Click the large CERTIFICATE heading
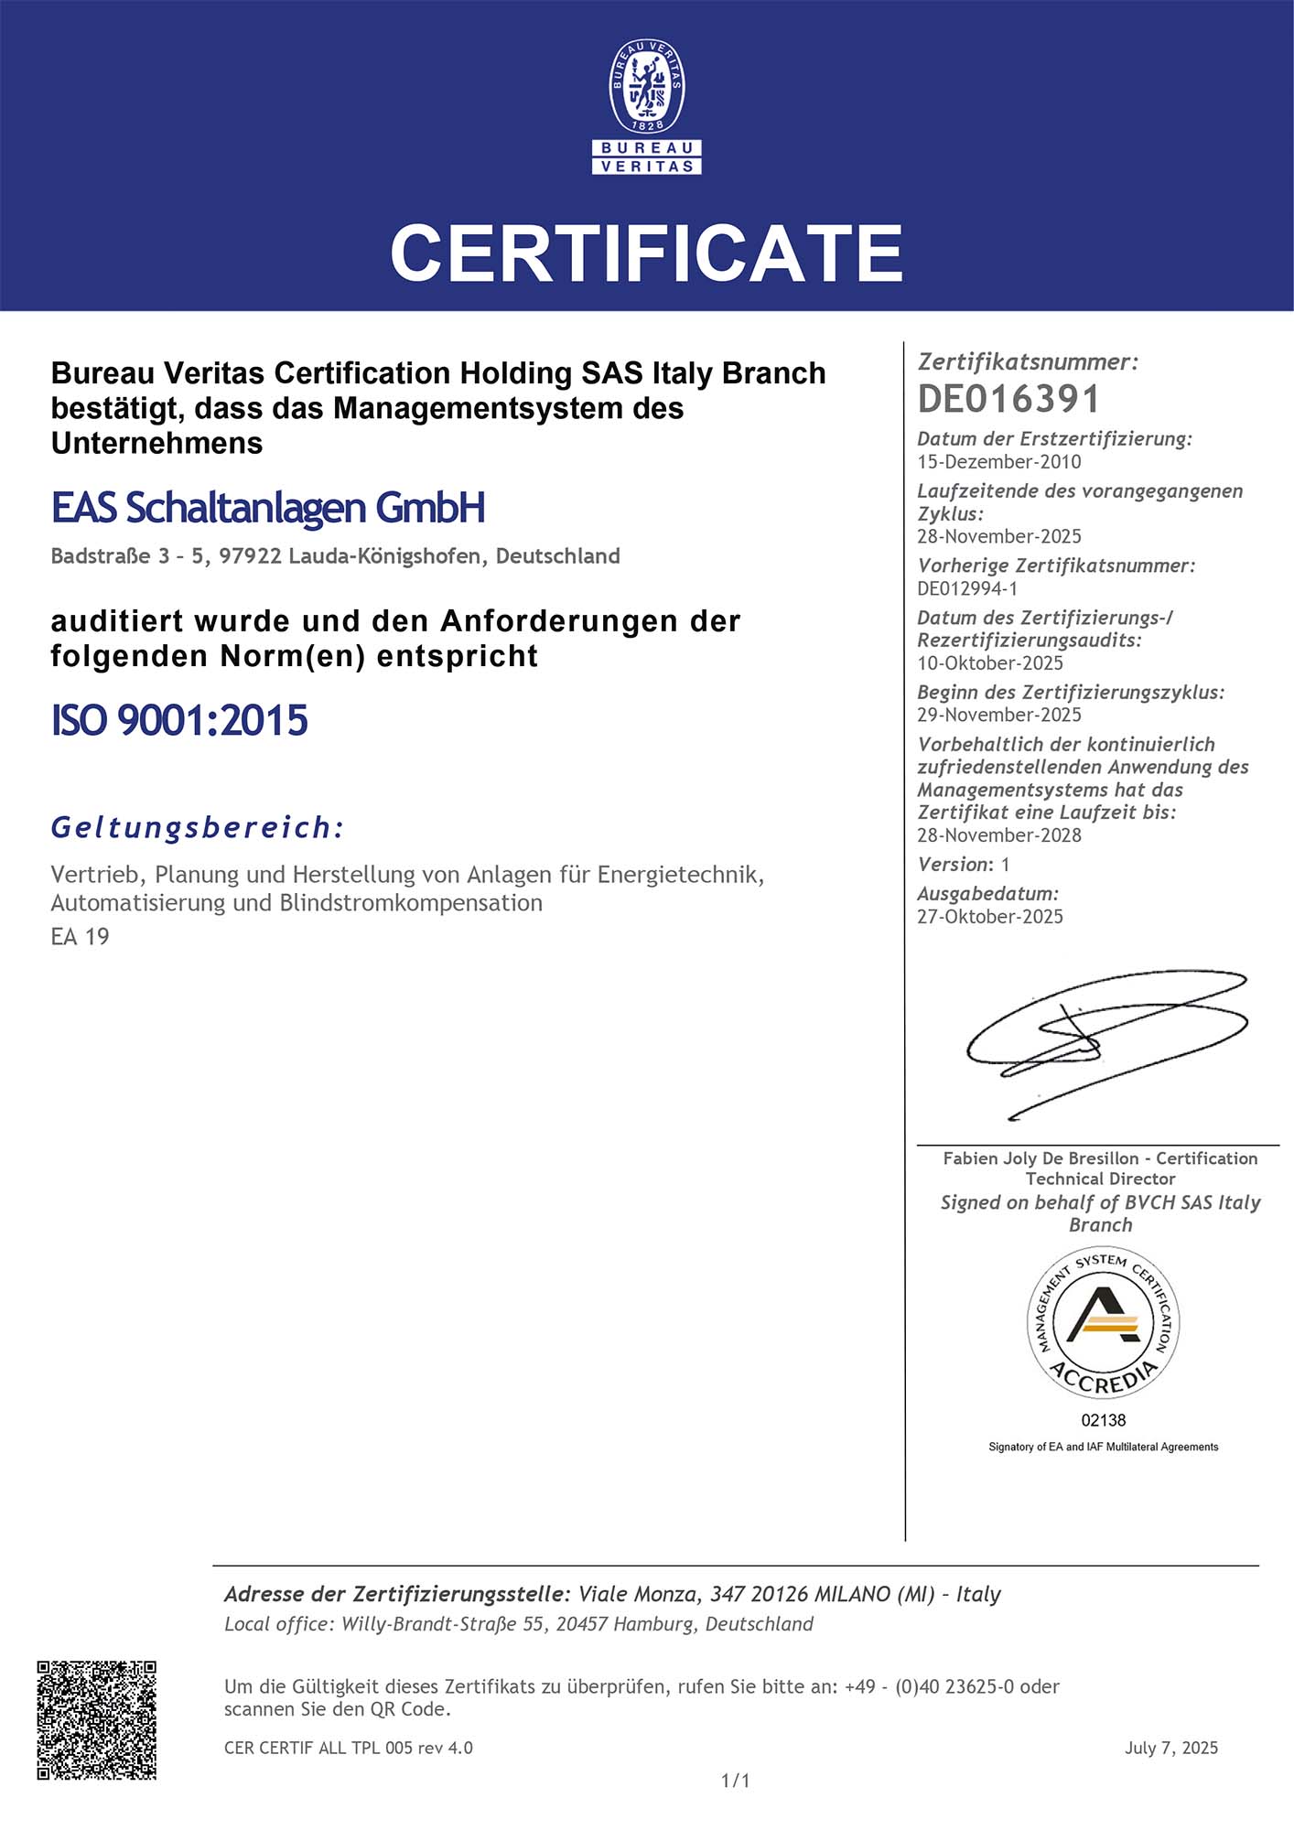click(x=647, y=253)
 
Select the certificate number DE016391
click(x=1008, y=399)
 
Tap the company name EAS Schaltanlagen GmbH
click(x=268, y=508)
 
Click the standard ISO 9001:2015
click(x=179, y=720)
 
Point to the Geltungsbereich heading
click(x=197, y=827)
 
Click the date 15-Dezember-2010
click(x=998, y=462)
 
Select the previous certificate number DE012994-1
click(x=967, y=588)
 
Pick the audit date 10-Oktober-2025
click(x=990, y=663)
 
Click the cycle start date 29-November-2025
click(x=998, y=715)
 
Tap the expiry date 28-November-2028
click(x=998, y=835)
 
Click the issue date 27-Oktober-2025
click(x=990, y=917)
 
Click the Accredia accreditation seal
click(x=1103, y=1323)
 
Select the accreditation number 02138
click(x=1104, y=1420)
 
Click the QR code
click(x=97, y=1720)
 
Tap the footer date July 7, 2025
click(x=1171, y=1748)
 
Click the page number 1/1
click(x=736, y=1781)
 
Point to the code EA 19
click(x=81, y=937)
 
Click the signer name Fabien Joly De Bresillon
click(x=1041, y=1158)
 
